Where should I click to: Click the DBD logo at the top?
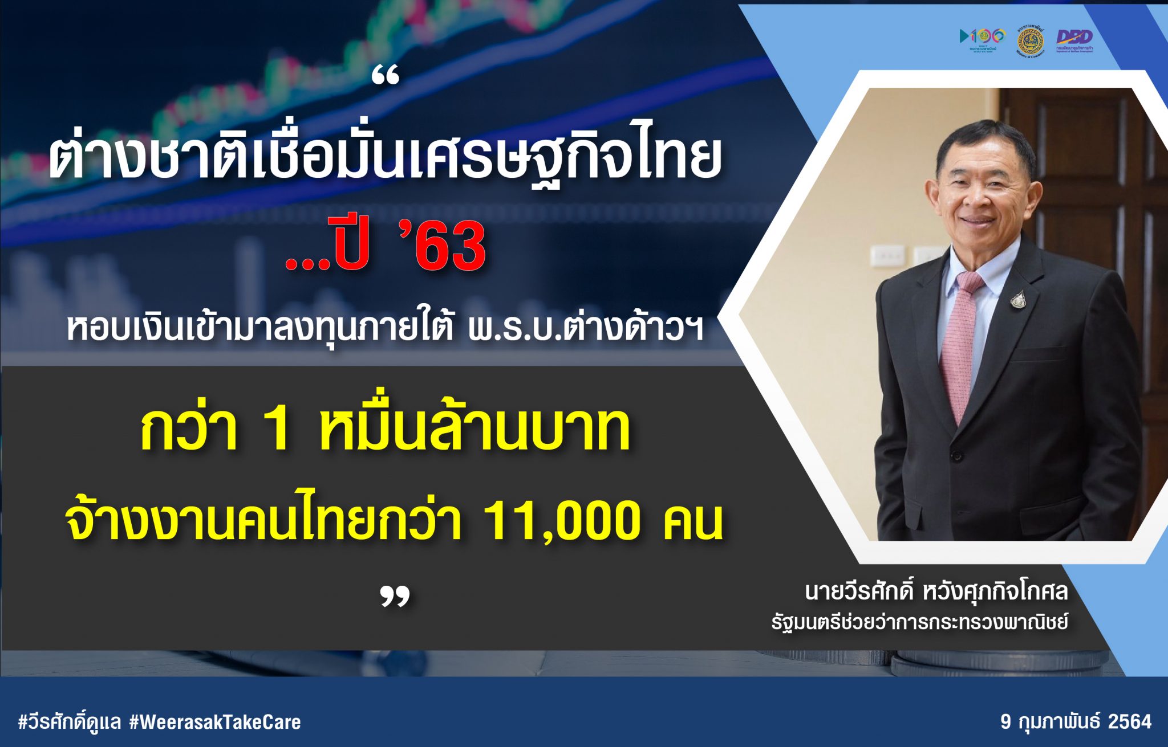[x=1074, y=39]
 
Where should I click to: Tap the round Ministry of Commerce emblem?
[x=1031, y=40]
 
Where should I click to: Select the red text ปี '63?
[x=386, y=246]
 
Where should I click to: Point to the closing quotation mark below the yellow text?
[x=395, y=597]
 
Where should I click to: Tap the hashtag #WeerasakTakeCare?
[x=215, y=722]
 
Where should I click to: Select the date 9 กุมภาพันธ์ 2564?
[x=1076, y=722]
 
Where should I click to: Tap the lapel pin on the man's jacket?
[x=1018, y=299]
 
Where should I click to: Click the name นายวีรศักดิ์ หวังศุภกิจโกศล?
[x=935, y=591]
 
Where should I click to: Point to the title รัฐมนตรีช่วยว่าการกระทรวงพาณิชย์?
[x=919, y=622]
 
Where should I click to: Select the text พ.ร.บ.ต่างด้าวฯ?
[x=585, y=329]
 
